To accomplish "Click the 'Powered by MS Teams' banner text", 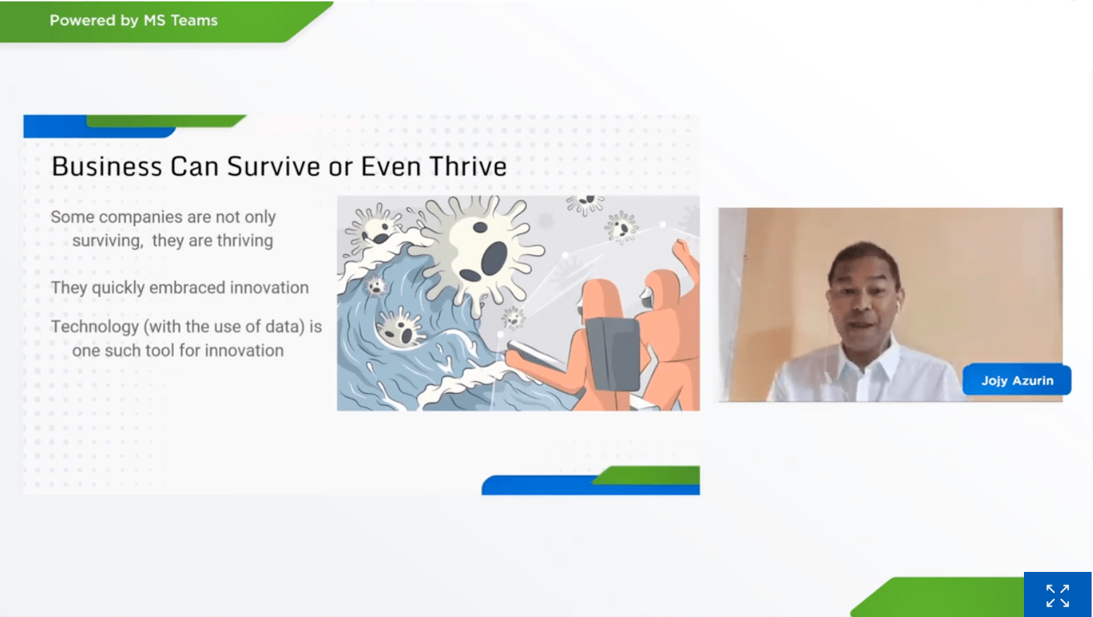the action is point(133,20).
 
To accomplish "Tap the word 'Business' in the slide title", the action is point(107,166).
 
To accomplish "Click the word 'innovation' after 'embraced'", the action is point(269,287).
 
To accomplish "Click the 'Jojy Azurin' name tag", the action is point(1017,380).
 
